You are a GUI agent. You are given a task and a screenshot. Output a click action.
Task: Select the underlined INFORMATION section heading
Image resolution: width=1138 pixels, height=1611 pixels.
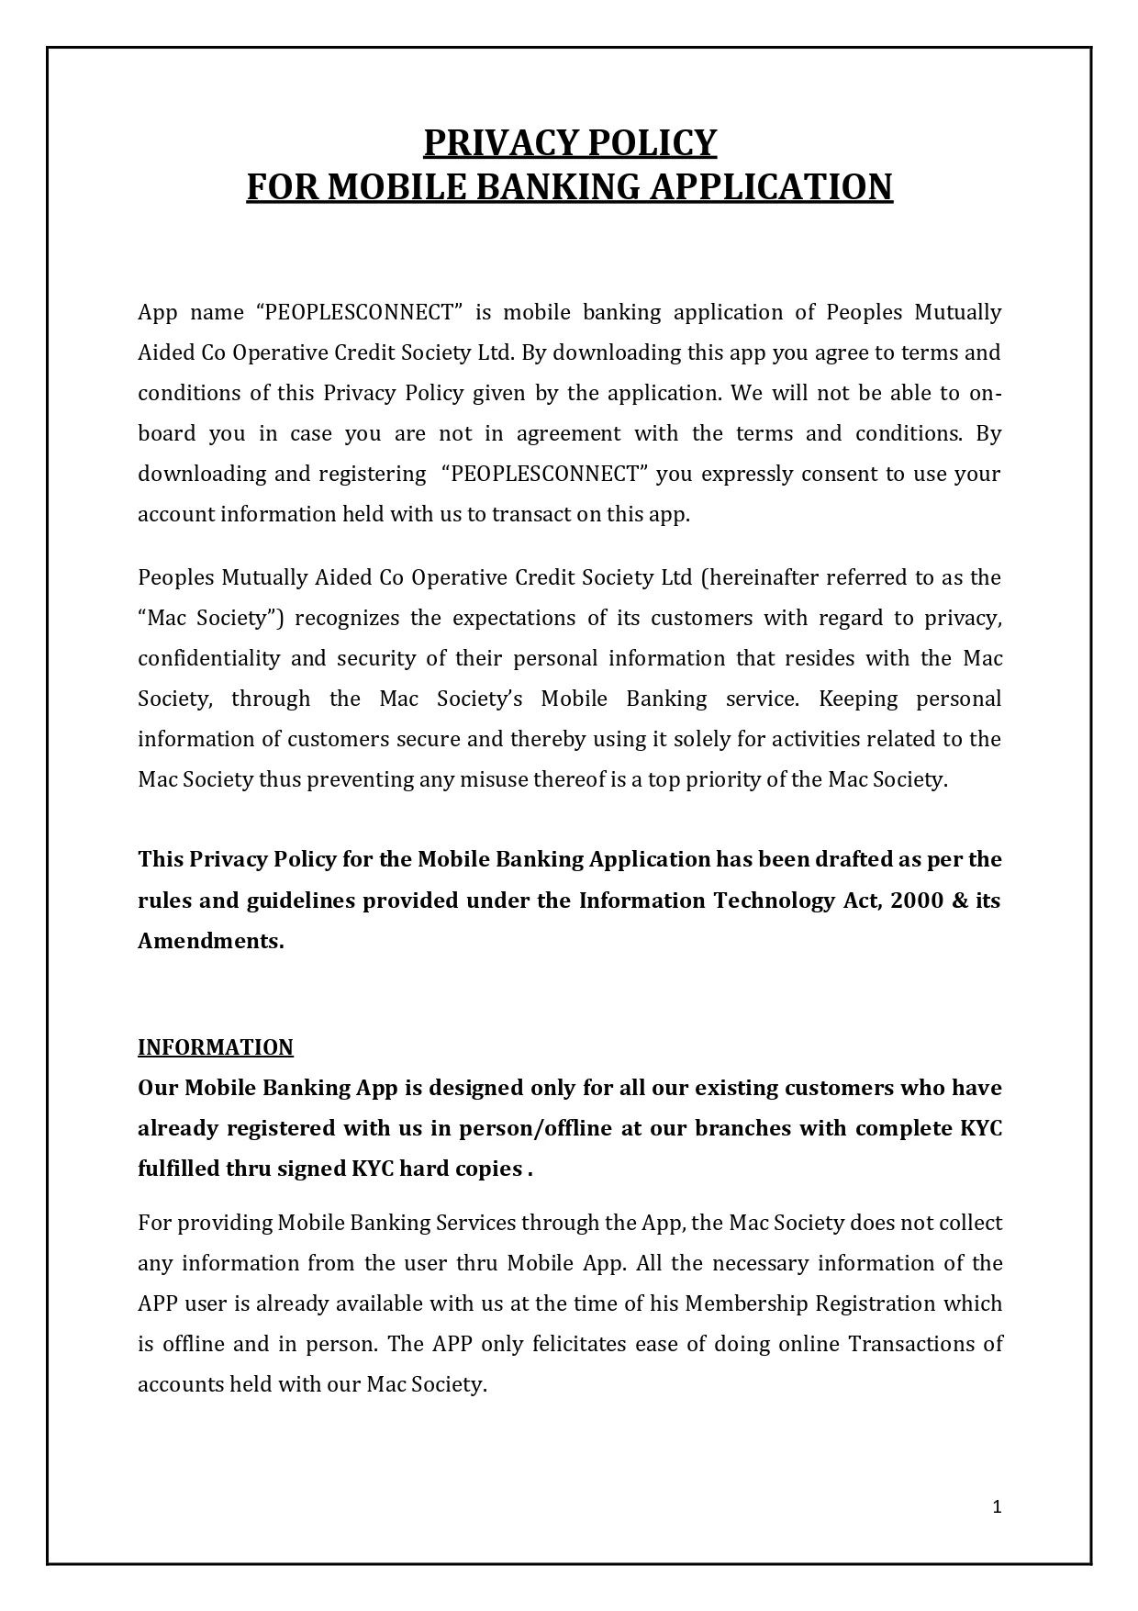pos(216,1047)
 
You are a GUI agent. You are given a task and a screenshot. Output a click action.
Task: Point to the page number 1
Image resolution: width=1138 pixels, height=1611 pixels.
pos(997,1506)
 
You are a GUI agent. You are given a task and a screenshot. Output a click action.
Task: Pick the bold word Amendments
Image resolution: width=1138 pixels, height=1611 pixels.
pos(210,941)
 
